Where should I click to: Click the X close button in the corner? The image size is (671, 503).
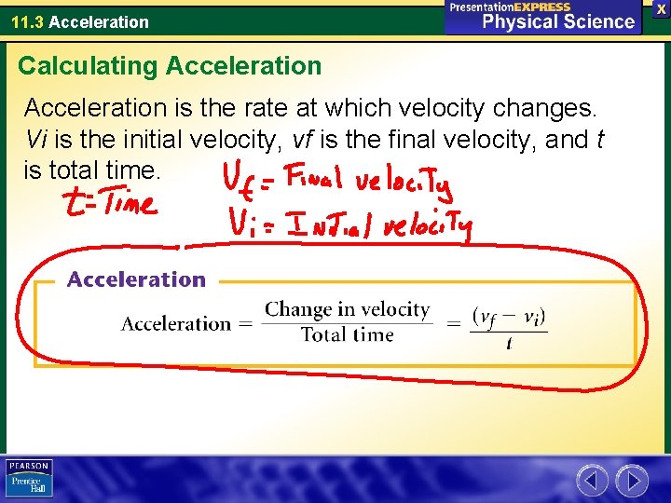tap(661, 7)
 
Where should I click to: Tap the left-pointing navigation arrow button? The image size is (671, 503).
tap(592, 481)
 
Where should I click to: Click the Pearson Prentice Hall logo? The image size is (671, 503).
tap(29, 479)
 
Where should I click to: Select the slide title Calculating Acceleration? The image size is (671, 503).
tap(170, 66)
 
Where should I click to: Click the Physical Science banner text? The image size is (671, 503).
tap(558, 22)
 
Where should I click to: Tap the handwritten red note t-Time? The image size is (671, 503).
tap(108, 201)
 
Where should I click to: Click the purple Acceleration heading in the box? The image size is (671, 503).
tap(136, 279)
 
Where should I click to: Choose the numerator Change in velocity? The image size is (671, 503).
tap(347, 310)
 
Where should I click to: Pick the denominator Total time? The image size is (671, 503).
tap(347, 335)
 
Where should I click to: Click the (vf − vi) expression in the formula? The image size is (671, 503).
tap(509, 317)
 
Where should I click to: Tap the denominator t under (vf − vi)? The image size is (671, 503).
tap(509, 344)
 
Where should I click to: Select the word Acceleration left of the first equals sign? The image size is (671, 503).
tap(175, 324)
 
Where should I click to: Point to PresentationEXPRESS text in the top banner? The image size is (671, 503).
tap(509, 7)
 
